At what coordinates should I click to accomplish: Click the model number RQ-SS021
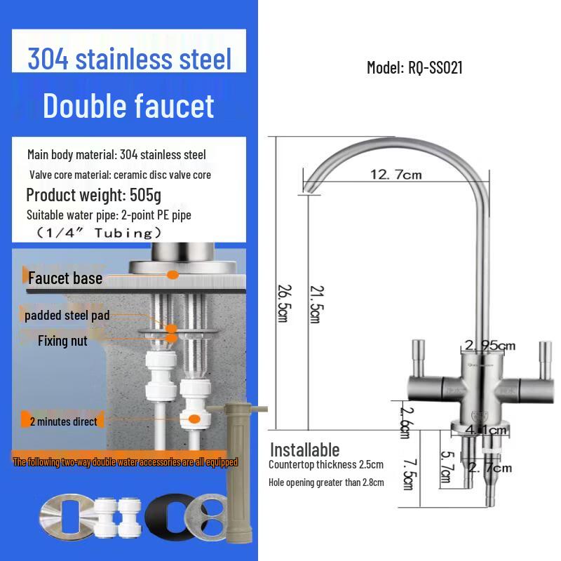[x=414, y=68]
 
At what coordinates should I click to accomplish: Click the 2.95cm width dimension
[x=490, y=345]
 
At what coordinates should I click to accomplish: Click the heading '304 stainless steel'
[x=129, y=59]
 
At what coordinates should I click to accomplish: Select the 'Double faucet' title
[x=128, y=106]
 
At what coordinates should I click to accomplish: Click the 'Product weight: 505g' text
[x=93, y=195]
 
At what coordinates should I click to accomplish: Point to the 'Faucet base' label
[x=65, y=278]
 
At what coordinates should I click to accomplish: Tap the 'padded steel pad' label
[x=67, y=316]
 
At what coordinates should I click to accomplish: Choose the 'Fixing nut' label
[x=62, y=341]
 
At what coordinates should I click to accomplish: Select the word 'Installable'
[x=304, y=450]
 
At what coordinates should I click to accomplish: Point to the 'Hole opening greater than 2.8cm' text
[x=326, y=482]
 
